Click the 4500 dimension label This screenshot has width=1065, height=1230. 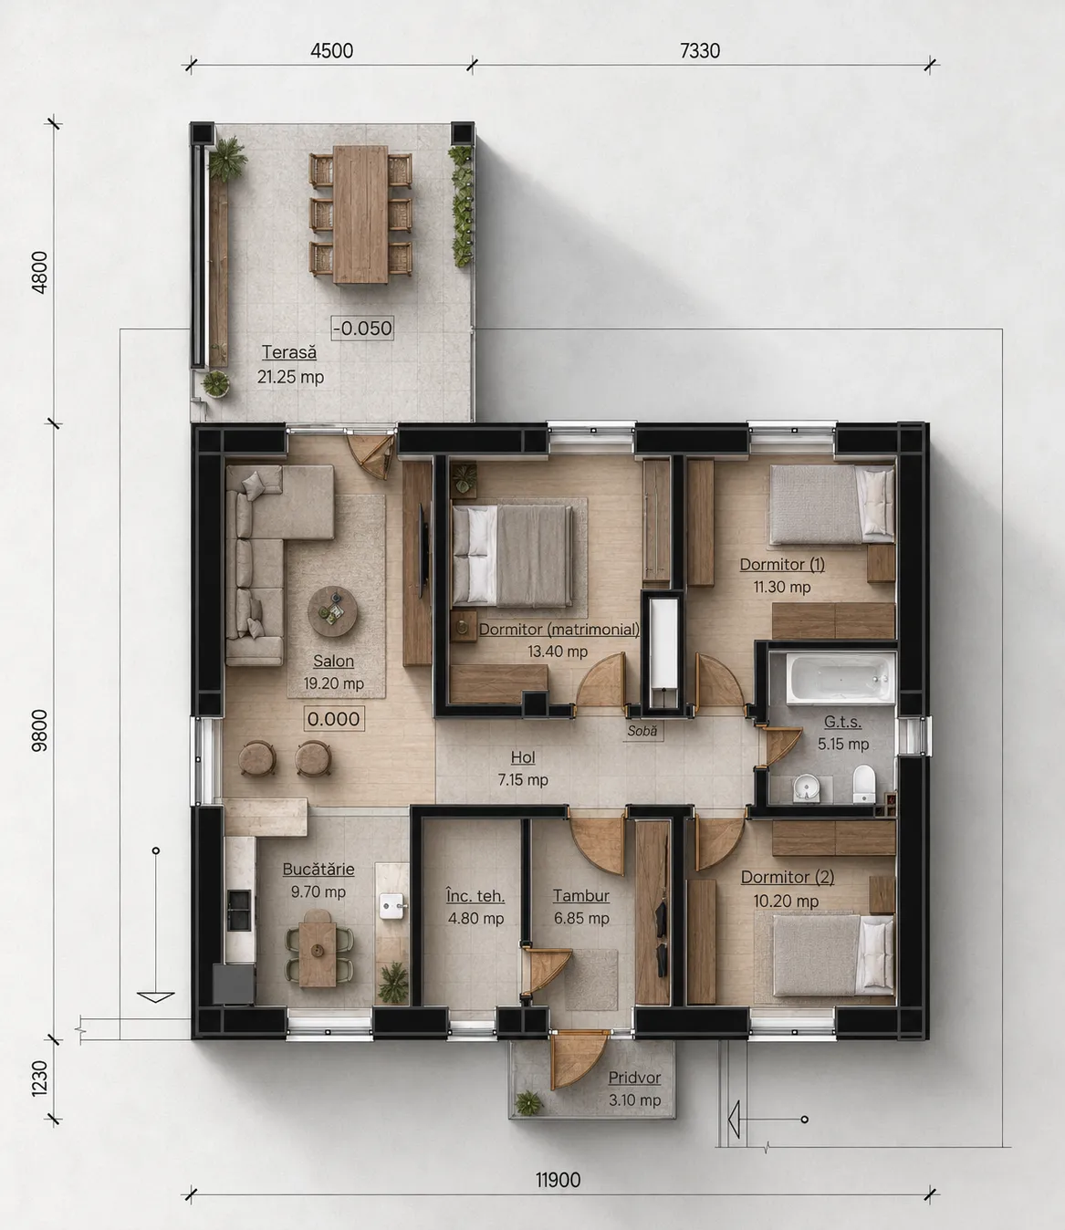click(x=331, y=50)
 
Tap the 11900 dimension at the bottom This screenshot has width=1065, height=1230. click(x=558, y=1180)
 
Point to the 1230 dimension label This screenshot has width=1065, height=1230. click(x=39, y=1079)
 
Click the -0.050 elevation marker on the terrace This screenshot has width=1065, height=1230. click(x=362, y=328)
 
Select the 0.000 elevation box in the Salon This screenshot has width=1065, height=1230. click(x=333, y=719)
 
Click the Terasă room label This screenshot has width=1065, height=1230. click(x=289, y=352)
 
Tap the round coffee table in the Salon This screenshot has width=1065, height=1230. click(x=333, y=611)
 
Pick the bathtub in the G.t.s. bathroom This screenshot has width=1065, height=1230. click(x=841, y=678)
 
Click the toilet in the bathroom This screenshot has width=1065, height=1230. click(x=864, y=784)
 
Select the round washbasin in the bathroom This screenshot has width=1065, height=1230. click(x=806, y=787)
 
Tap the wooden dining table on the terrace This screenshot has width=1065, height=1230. click(x=360, y=214)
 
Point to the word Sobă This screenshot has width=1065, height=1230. click(x=642, y=731)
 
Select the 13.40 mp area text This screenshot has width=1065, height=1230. click(x=558, y=651)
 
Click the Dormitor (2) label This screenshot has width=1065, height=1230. click(x=787, y=877)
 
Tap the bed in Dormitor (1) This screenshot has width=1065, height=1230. click(x=831, y=504)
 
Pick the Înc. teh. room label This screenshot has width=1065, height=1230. click(x=475, y=895)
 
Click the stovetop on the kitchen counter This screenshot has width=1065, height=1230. click(x=239, y=910)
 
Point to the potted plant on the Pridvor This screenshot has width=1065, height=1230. click(x=528, y=1103)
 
